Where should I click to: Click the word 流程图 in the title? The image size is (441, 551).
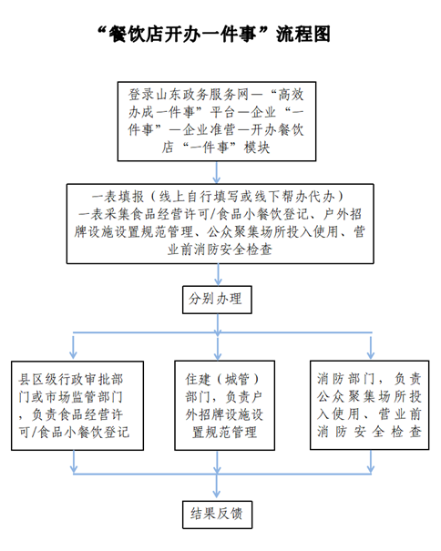point(303,35)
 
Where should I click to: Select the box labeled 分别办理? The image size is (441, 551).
point(217,300)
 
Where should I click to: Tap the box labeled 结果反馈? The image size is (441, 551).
point(218,515)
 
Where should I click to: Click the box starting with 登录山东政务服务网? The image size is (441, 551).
point(217,122)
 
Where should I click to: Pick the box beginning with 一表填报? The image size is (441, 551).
point(220,223)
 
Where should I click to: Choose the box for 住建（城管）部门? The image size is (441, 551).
point(225,405)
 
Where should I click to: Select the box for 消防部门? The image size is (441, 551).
point(369,405)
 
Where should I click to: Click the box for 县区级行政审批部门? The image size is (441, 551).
point(77,406)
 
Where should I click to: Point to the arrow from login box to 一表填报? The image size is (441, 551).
point(217,172)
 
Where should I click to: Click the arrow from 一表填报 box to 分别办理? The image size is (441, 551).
point(218,275)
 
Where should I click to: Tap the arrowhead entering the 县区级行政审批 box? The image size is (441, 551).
point(73,354)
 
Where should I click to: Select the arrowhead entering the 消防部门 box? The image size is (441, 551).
point(370,354)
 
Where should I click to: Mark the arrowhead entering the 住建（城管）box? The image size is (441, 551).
point(218,354)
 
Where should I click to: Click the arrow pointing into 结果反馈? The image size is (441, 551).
point(217,487)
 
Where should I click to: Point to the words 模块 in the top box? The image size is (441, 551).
point(257,148)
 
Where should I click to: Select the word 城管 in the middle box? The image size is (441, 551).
point(237,380)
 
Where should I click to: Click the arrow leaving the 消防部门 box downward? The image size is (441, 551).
point(371,462)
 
